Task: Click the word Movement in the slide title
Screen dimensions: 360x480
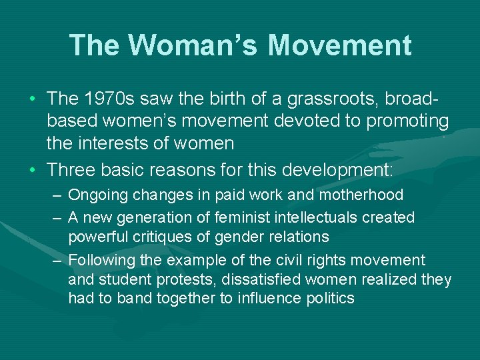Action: point(340,45)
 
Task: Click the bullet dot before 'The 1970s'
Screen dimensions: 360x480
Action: point(33,99)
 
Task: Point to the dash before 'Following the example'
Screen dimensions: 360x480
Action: point(57,261)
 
